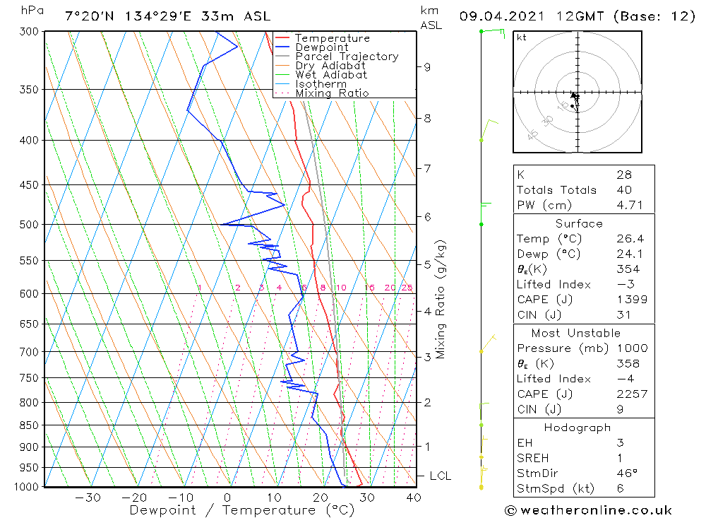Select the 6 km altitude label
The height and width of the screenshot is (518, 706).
[x=427, y=216]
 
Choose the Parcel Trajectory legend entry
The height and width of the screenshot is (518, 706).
[x=347, y=57]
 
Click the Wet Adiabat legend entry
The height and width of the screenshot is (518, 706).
[x=331, y=75]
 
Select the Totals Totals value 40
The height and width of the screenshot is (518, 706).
[x=623, y=190]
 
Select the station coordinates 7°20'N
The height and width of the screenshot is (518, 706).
[x=89, y=16]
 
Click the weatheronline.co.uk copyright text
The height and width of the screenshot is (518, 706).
[x=588, y=510]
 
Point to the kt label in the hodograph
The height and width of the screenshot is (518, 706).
[x=522, y=37]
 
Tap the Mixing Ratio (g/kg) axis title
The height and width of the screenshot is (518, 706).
[x=441, y=300]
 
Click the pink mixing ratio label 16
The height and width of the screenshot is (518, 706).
[x=369, y=288]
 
